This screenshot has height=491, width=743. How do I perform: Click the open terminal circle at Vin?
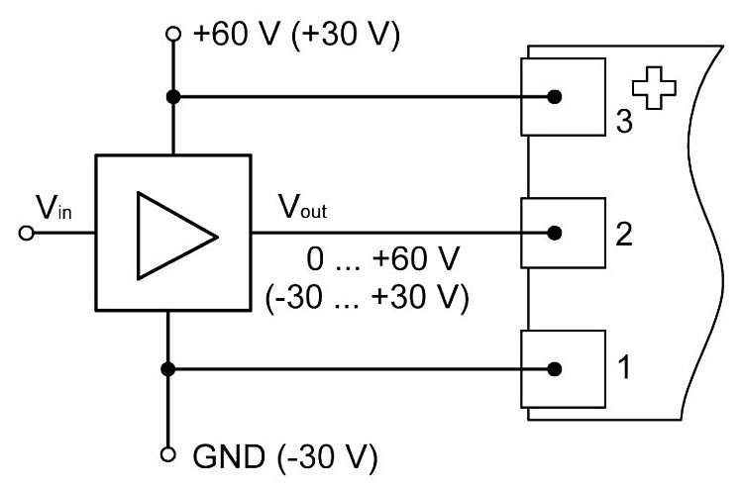pos(27,235)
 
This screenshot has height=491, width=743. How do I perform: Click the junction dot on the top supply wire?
pos(173,97)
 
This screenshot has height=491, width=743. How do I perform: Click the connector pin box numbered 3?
pos(562,97)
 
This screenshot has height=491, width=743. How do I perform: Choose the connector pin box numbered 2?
pos(562,234)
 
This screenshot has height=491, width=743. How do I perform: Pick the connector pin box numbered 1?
pos(562,368)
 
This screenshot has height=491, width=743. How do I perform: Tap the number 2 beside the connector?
pos(624,236)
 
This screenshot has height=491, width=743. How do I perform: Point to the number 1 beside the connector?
pos(623,370)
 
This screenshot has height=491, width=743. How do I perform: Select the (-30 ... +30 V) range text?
pos(366,297)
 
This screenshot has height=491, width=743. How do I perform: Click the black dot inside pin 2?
pos(555,234)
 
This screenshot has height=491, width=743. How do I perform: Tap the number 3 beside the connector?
pos(623,122)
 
